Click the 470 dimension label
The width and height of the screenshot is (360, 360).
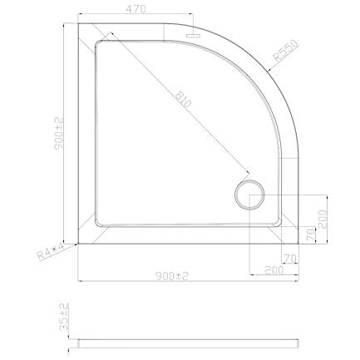pos(136,9)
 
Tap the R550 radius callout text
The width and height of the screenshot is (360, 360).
pos(285,50)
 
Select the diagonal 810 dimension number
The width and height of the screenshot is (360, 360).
pos(183,100)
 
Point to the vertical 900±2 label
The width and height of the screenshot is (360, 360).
pos(58,134)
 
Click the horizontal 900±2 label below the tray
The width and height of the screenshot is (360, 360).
pos(172,276)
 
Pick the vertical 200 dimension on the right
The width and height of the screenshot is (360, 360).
pos(323,219)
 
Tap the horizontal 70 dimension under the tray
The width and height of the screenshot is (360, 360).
pos(291,259)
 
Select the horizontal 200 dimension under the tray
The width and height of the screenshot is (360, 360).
pos(274,269)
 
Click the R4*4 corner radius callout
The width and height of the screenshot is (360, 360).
pos(51,251)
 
